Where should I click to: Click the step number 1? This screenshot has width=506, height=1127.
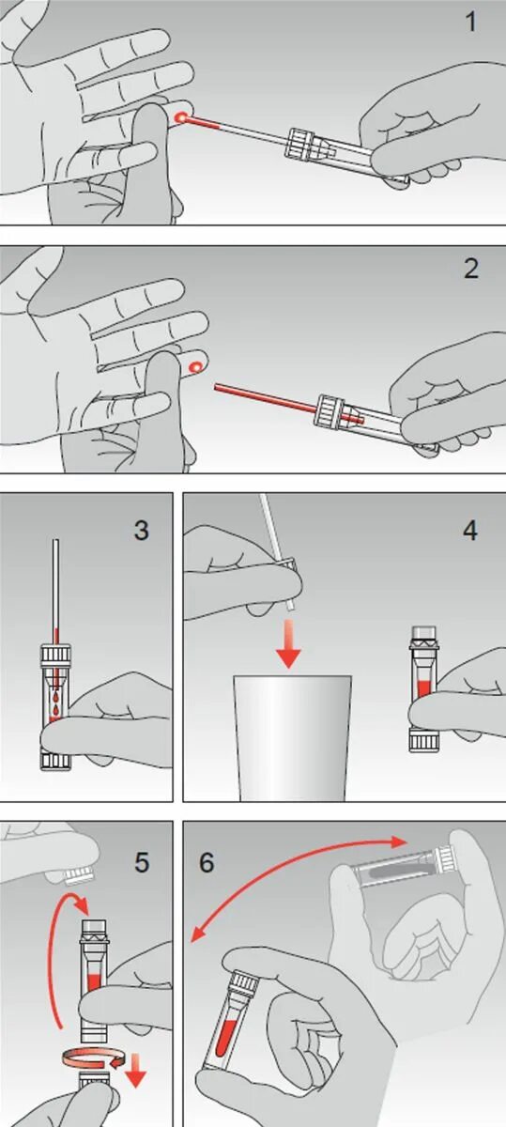pos(470,23)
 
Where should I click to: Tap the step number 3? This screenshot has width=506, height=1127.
pos(142,530)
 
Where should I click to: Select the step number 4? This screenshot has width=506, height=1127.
pos(469,530)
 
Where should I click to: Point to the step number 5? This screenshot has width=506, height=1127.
pos(142,862)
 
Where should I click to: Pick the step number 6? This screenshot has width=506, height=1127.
pos(207,862)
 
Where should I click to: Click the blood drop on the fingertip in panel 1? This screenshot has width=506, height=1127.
pos(179,117)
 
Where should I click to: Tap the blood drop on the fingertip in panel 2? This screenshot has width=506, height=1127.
pos(194,367)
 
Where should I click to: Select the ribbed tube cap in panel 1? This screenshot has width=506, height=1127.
pos(300,144)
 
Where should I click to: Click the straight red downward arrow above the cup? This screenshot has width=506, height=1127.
pos(288,643)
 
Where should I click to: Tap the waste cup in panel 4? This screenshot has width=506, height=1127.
pos(292,737)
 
